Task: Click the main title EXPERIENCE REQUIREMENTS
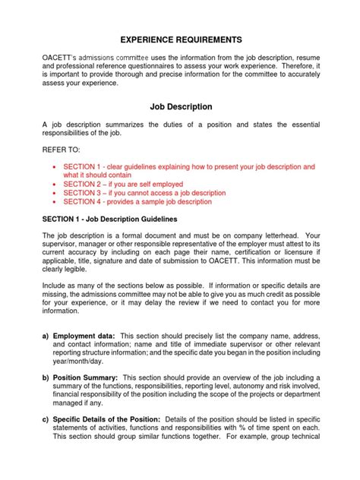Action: coord(179,39)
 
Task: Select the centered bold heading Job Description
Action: coord(179,107)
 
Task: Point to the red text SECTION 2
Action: coord(86,183)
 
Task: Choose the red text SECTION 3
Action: coord(86,192)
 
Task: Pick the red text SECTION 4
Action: coord(86,201)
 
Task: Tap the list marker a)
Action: coord(46,335)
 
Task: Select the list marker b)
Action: coord(46,377)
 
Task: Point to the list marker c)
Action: coord(46,419)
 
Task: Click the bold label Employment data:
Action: coord(84,335)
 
